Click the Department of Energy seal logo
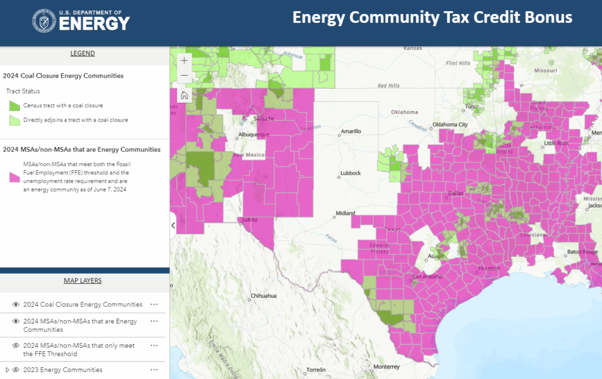[x=45, y=22]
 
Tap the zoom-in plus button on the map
[x=185, y=60]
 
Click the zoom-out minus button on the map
[x=185, y=76]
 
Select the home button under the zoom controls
[x=185, y=95]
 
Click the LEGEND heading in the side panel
[x=82, y=53]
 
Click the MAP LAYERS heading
[x=82, y=281]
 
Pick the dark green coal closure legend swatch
[x=15, y=106]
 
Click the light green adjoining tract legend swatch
[x=15, y=120]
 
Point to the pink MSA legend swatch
[x=15, y=176]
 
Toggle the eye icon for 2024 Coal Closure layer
[x=16, y=305]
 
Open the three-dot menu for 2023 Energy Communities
[x=154, y=370]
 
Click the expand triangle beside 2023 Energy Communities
[x=7, y=370]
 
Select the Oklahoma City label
[x=450, y=125]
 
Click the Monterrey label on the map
[x=386, y=367]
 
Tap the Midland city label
[x=345, y=213]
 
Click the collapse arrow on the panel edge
[x=173, y=225]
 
